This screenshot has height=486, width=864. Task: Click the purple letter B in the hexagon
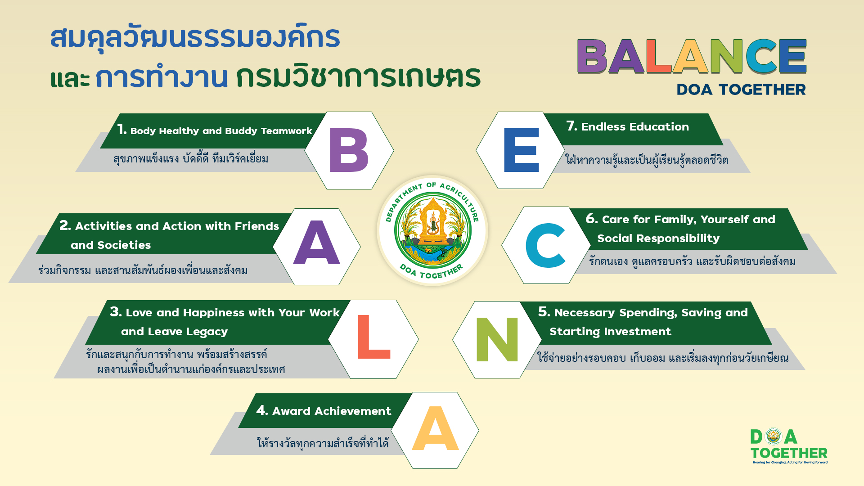click(349, 150)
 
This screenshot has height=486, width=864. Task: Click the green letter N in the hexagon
click(497, 339)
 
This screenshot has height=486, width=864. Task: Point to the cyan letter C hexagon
click(545, 245)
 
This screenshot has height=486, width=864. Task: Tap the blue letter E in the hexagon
click(522, 150)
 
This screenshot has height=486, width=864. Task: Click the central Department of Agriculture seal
click(432, 230)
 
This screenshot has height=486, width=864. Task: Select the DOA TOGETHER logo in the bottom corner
click(789, 445)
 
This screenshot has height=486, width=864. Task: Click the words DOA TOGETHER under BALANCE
click(741, 90)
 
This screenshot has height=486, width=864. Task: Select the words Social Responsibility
click(658, 238)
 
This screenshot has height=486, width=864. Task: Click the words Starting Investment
click(610, 332)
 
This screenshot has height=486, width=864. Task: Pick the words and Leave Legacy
click(174, 332)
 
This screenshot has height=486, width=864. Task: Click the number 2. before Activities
click(65, 225)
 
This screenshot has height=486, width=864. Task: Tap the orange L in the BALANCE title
click(659, 56)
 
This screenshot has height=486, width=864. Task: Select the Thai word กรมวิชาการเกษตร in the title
click(358, 75)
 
